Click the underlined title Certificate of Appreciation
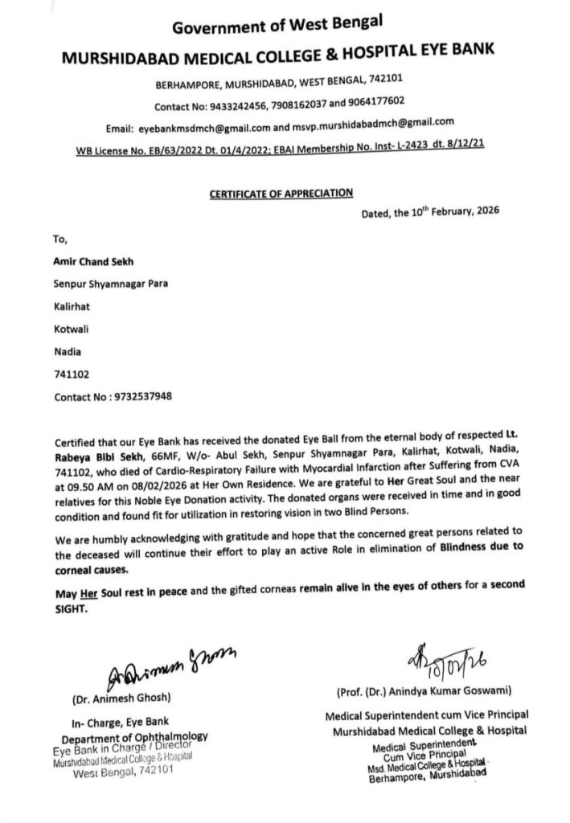click(x=281, y=192)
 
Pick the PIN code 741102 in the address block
click(x=69, y=374)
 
